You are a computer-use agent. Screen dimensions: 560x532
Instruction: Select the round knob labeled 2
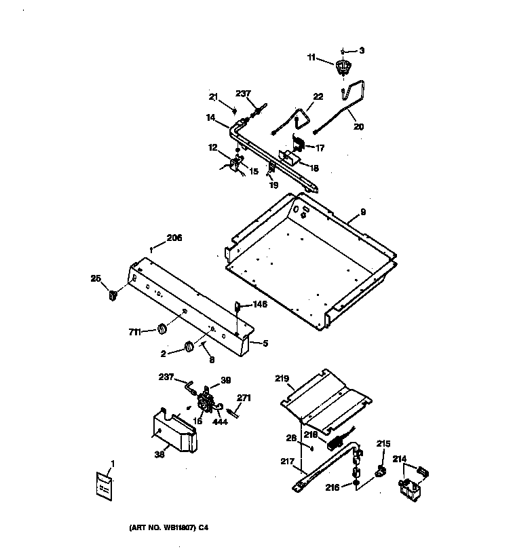(x=187, y=348)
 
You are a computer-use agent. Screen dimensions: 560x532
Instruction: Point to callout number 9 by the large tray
(x=362, y=212)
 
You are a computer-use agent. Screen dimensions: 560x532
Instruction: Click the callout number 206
(x=174, y=238)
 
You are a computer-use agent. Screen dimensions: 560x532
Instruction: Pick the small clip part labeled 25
(x=112, y=295)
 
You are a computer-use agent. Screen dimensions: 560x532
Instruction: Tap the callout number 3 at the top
(x=362, y=50)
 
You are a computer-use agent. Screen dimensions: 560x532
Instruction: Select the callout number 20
(x=358, y=126)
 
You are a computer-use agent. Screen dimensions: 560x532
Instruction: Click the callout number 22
(x=318, y=97)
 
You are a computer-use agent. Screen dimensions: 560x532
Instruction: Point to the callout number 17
(x=319, y=147)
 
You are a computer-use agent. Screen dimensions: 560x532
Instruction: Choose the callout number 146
(x=260, y=305)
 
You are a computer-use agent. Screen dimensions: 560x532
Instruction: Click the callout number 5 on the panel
(x=265, y=343)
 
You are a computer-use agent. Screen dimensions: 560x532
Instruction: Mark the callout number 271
(x=244, y=398)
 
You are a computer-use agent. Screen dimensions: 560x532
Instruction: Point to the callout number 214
(x=400, y=460)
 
